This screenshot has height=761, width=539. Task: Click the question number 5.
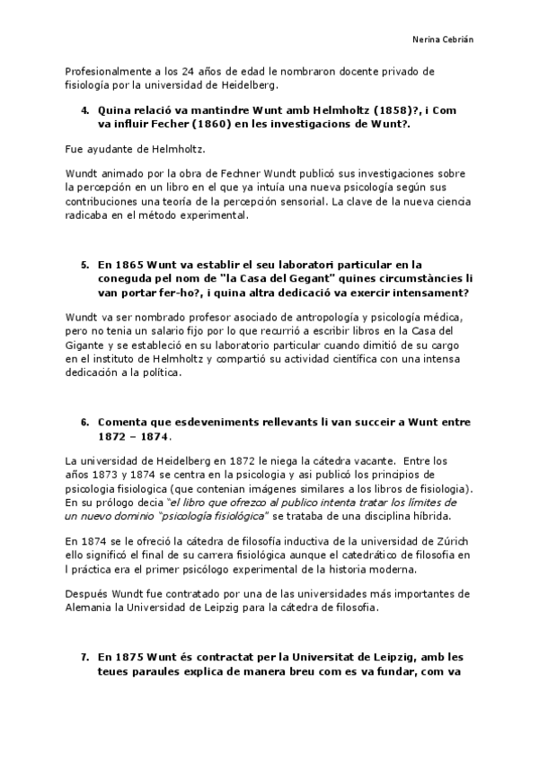pyautogui.click(x=84, y=265)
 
